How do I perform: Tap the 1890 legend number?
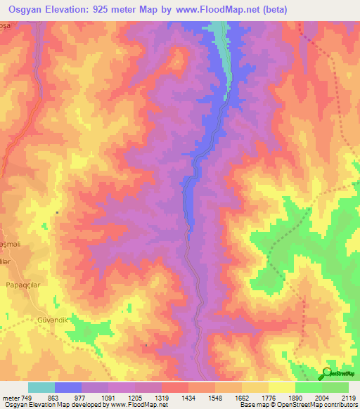tap(295, 398)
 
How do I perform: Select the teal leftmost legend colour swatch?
tap(41, 387)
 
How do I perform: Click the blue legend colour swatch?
tap(68, 387)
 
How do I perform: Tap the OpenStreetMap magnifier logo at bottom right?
tap(328, 373)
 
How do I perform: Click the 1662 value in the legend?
tap(241, 398)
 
